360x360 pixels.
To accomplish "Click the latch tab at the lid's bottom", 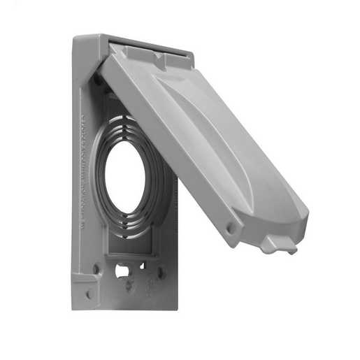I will (x=279, y=244).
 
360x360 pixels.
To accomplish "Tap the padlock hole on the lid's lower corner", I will (x=230, y=228).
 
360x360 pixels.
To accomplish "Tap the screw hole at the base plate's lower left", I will (x=96, y=268).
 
